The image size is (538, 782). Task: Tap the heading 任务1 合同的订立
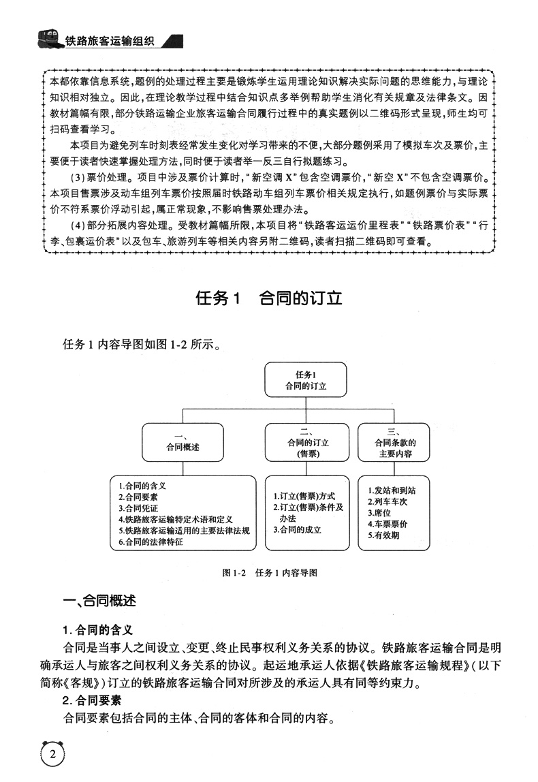(x=268, y=299)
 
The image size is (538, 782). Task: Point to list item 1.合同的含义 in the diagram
(x=142, y=486)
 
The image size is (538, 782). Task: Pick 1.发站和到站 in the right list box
(x=390, y=490)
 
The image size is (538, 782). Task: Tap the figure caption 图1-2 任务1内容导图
(x=270, y=572)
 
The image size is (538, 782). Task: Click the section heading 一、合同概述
(x=99, y=601)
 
